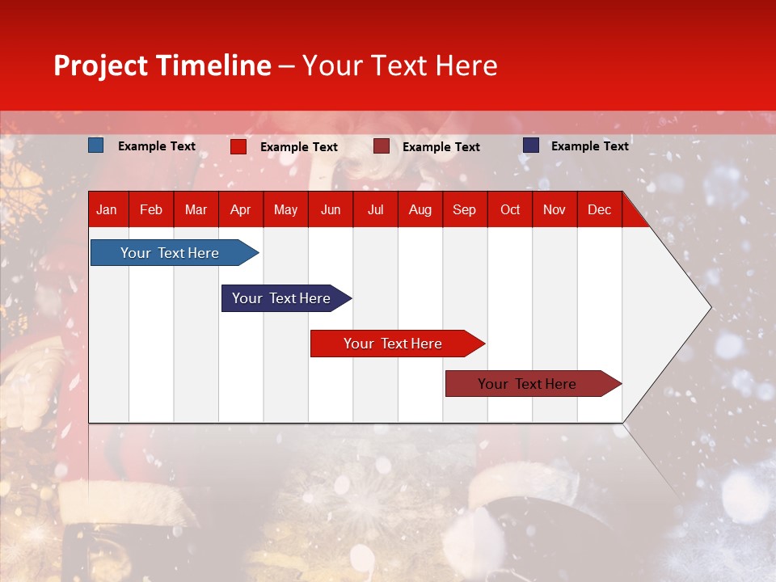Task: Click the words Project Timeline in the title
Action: (162, 65)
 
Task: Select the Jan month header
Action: (107, 209)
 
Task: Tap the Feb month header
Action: (151, 209)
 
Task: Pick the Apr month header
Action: (240, 209)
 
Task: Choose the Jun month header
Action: (331, 209)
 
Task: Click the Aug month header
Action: (420, 209)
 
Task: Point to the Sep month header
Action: (464, 209)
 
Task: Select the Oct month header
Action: (510, 209)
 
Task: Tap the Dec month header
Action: (599, 209)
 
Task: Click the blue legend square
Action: (95, 145)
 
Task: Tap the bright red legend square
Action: (238, 146)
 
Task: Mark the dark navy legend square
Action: (531, 145)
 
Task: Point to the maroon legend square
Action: (381, 146)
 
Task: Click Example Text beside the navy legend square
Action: (589, 146)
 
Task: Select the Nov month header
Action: (555, 209)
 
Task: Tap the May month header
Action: (285, 209)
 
